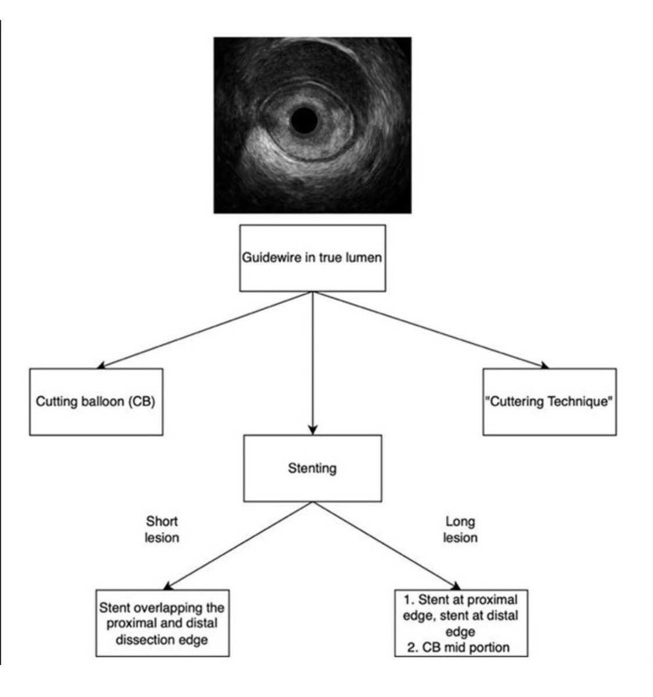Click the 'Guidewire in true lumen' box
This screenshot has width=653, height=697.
click(x=312, y=258)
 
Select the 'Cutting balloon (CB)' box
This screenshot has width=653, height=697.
click(x=96, y=401)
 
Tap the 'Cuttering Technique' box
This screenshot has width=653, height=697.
click(x=549, y=401)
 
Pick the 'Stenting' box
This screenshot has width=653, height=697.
click(x=312, y=468)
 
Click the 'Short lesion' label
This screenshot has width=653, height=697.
click(x=162, y=529)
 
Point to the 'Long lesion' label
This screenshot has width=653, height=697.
click(x=460, y=529)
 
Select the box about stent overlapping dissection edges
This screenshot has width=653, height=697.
click(x=162, y=623)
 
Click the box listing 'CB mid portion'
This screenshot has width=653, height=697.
click(x=461, y=623)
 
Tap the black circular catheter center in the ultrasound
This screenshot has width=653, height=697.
click(x=304, y=120)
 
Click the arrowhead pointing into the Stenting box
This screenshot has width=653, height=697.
click(x=313, y=431)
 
